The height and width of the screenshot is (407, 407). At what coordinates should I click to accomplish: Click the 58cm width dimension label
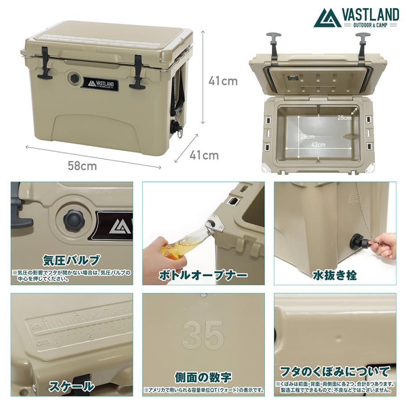pos(82,166)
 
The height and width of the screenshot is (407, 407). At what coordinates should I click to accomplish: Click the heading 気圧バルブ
pos(71,260)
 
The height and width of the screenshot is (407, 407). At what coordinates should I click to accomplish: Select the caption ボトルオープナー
pos(203,274)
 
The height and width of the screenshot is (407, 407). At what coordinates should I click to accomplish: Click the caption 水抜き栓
pos(335,274)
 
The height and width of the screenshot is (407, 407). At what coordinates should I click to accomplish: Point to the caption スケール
pos(72,386)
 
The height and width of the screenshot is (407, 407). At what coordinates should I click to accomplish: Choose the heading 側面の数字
pos(203,377)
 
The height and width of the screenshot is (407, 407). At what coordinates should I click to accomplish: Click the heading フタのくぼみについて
pos(335,372)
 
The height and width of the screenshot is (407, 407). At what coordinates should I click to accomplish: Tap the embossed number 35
pos(203,336)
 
